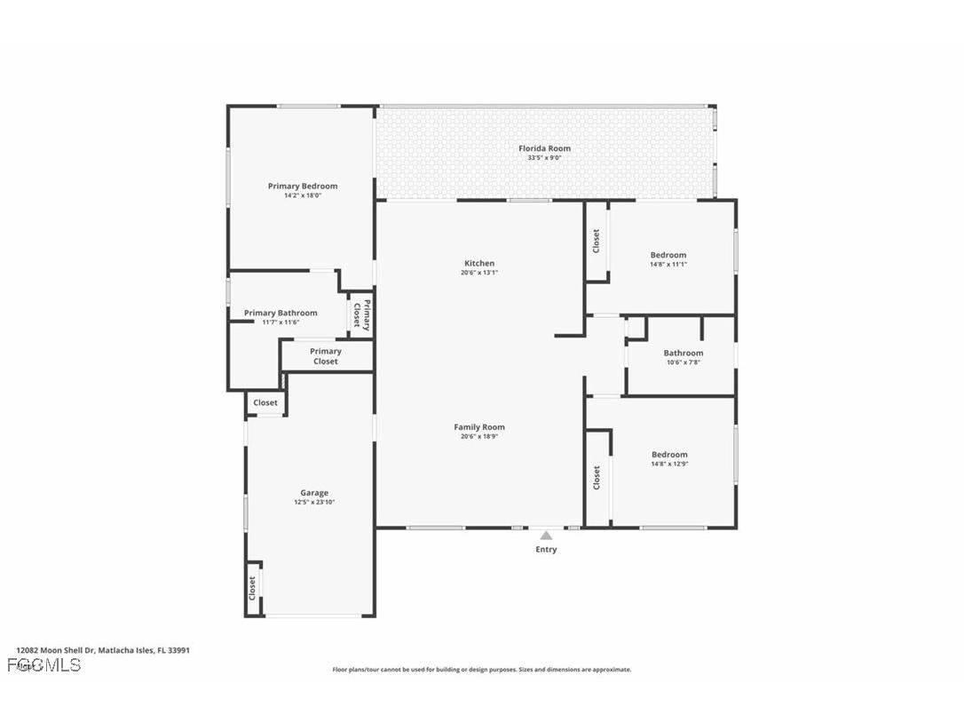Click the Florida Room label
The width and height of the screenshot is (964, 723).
point(544,148)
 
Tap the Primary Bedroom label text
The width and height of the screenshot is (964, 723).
point(303,186)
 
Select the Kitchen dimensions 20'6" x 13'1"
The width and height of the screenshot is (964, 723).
point(479,273)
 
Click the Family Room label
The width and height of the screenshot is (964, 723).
point(479,427)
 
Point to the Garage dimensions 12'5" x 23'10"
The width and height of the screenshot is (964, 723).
point(314,502)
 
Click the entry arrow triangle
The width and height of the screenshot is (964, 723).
point(546,535)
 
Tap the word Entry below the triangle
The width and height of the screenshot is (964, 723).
point(546,550)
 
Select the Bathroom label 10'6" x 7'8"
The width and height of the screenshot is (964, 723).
point(683,357)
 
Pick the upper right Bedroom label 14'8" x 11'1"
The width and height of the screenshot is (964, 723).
point(668,259)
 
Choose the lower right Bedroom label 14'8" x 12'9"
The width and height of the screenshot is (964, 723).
point(669,458)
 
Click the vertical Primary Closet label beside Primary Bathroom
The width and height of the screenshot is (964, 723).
point(360,315)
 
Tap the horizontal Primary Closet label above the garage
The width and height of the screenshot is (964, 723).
point(326,356)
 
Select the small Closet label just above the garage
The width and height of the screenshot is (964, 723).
point(265,402)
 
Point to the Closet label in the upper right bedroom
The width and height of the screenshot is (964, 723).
point(597,240)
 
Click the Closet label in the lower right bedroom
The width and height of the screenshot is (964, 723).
point(597,477)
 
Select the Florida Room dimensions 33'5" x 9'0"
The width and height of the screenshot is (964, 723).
point(544,158)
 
